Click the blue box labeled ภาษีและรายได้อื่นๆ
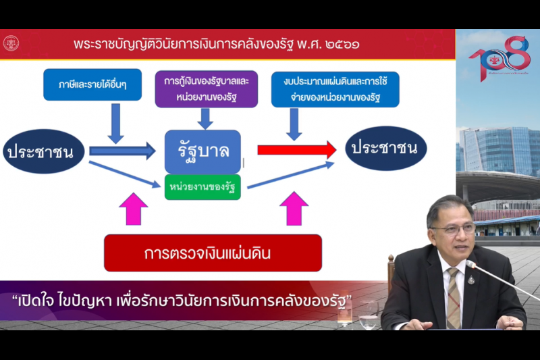tap(92, 85)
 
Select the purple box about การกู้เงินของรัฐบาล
tap(206, 88)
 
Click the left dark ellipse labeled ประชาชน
tap(44, 151)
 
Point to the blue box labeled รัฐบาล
tap(202, 151)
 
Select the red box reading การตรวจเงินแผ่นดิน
tap(213, 253)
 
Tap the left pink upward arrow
tap(135, 209)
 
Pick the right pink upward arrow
tap(294, 209)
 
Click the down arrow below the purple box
tap(206, 118)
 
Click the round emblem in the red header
tap(11, 44)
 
